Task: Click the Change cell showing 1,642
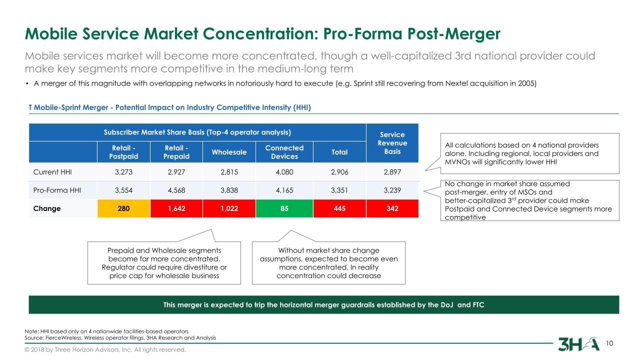click(176, 208)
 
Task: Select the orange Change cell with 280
click(119, 208)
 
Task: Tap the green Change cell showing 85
click(284, 208)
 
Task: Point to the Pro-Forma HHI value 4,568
click(176, 190)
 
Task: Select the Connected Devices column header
click(284, 151)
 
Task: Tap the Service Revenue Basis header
click(392, 143)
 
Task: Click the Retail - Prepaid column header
click(176, 151)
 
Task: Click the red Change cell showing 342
click(392, 208)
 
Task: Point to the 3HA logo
click(578, 344)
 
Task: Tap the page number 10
click(609, 343)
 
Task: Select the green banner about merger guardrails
click(324, 304)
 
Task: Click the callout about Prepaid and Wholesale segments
click(164, 262)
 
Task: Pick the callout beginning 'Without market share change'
click(328, 262)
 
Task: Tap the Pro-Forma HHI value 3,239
click(392, 190)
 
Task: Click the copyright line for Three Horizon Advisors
click(105, 349)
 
